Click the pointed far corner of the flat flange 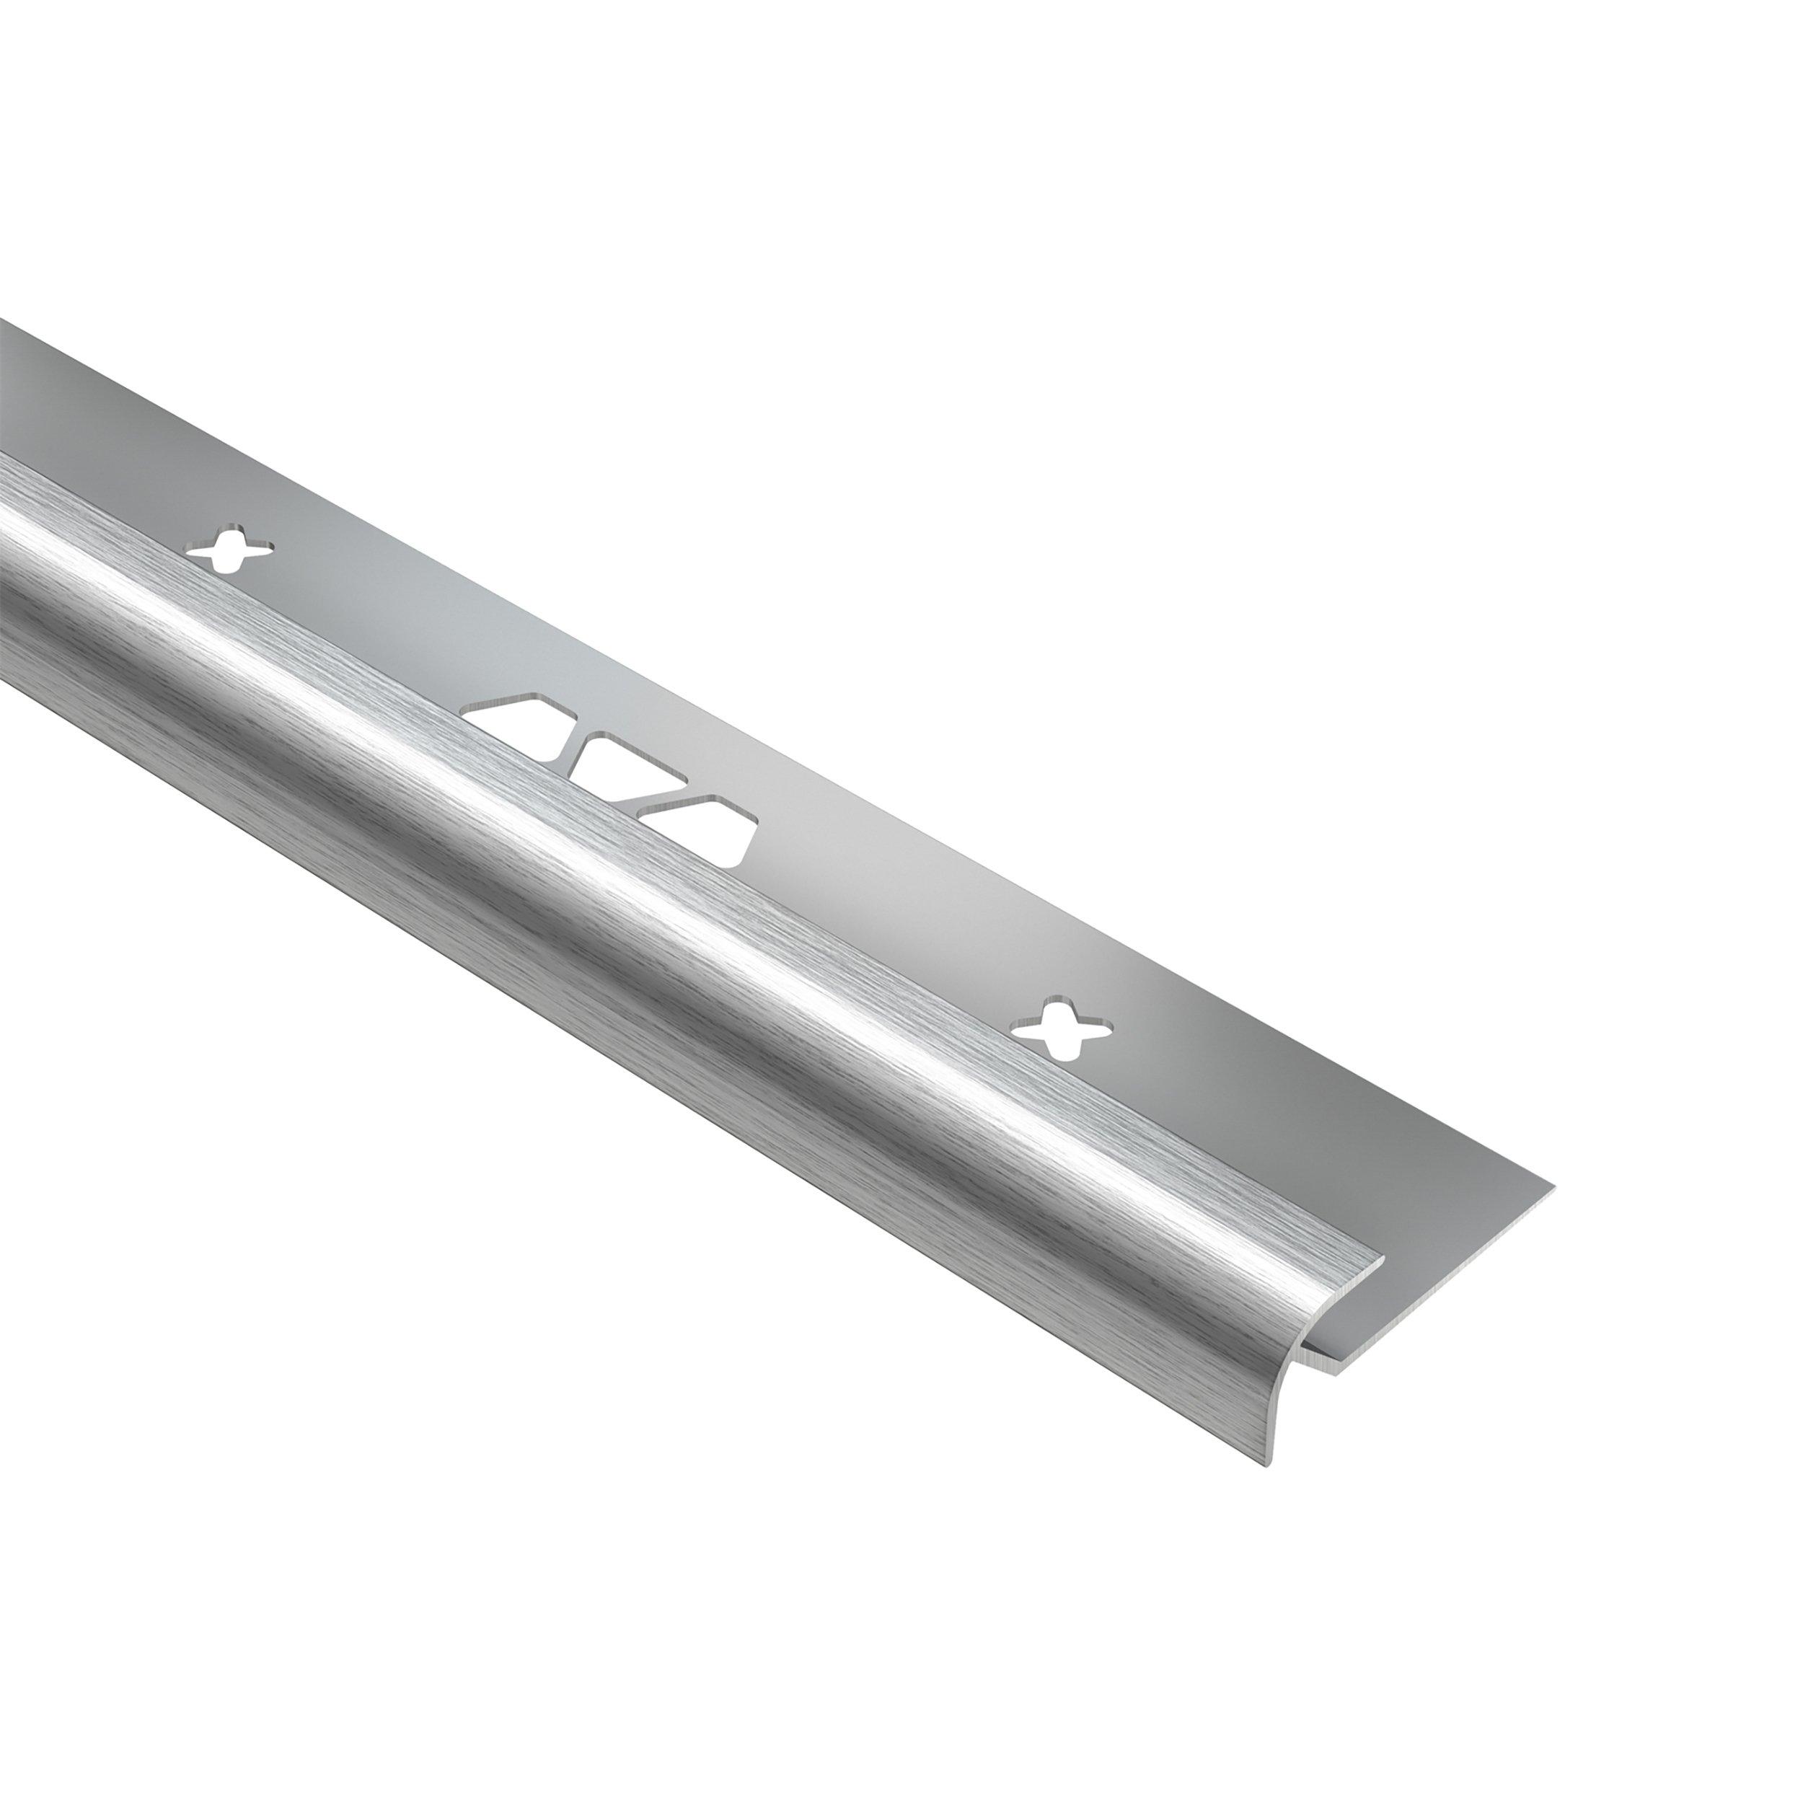click(x=1552, y=1188)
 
